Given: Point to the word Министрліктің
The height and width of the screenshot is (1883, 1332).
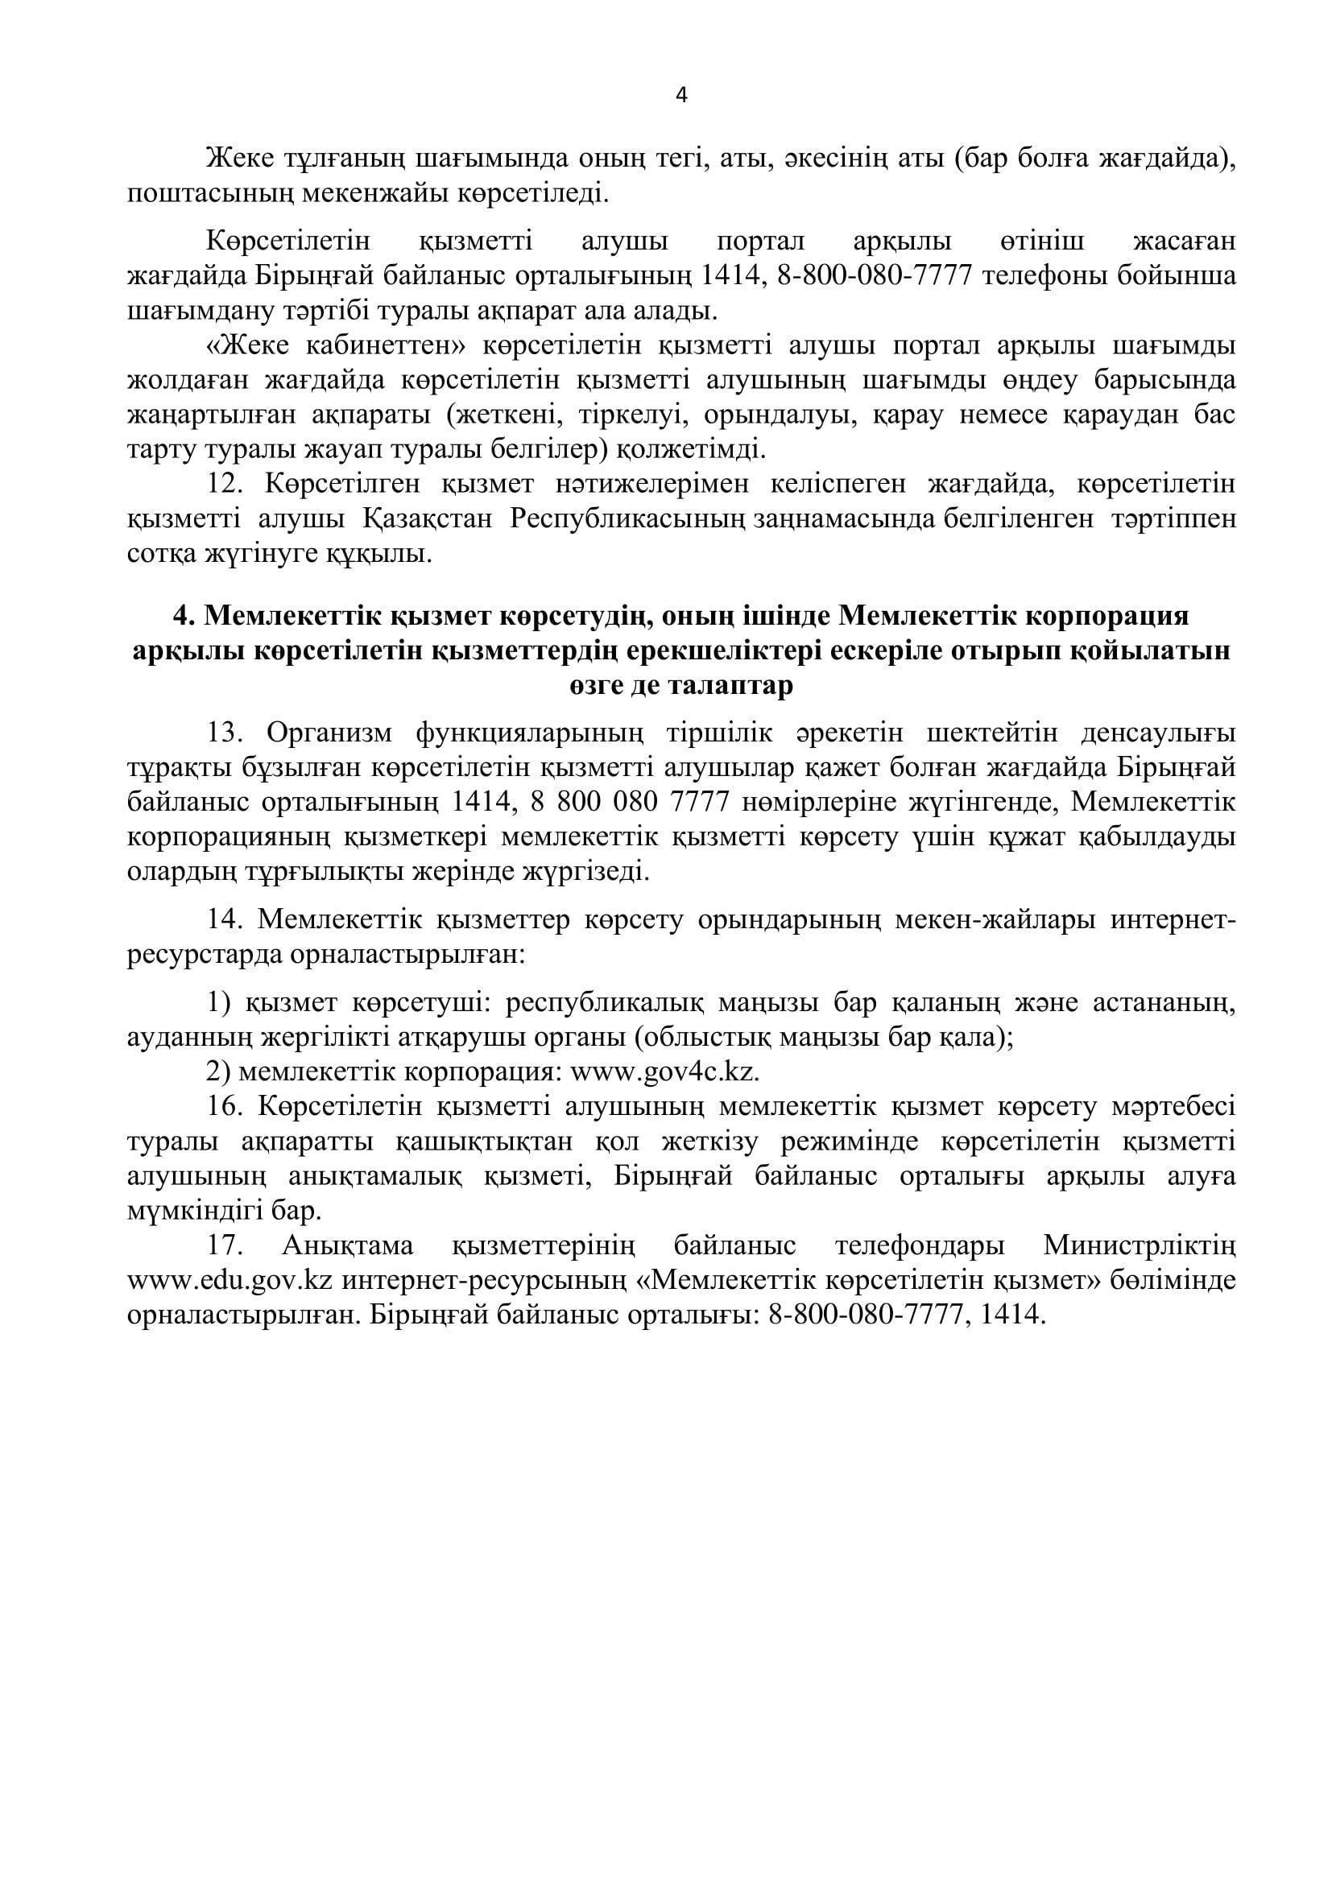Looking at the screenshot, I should point(1140,1246).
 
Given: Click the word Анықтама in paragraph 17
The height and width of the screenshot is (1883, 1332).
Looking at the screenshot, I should point(348,1246).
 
